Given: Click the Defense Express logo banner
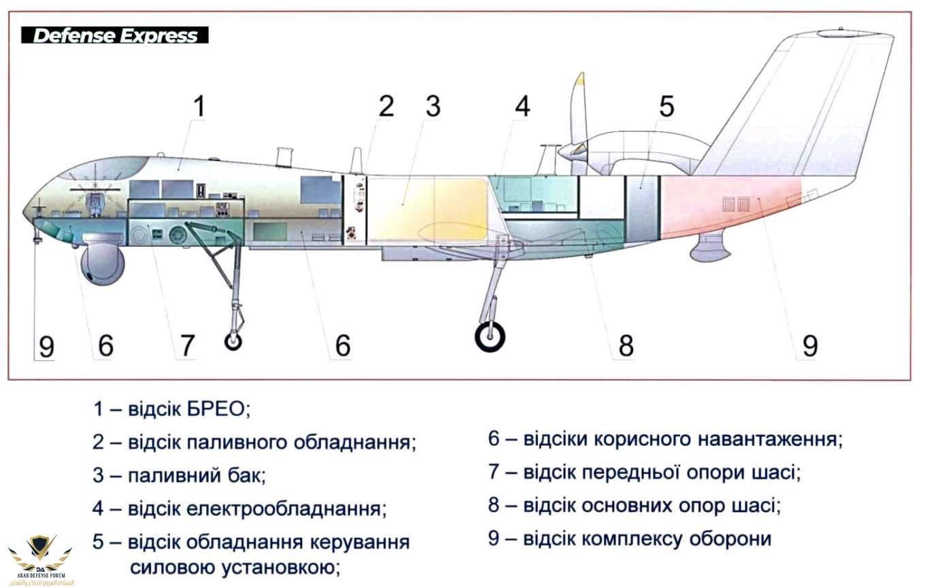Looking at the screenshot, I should point(115,35).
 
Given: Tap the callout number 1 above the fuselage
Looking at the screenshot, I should point(198,108).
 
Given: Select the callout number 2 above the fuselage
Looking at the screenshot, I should point(387,107).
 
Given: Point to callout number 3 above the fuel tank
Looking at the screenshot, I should point(433,107).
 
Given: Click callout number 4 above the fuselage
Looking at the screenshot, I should point(522,107).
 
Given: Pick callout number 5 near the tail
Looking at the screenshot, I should point(666,107).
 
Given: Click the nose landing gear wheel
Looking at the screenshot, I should point(233,340).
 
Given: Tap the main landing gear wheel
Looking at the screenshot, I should point(490,336).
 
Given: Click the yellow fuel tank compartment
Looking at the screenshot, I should point(427,208).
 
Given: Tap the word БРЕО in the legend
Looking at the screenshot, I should point(214,409).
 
